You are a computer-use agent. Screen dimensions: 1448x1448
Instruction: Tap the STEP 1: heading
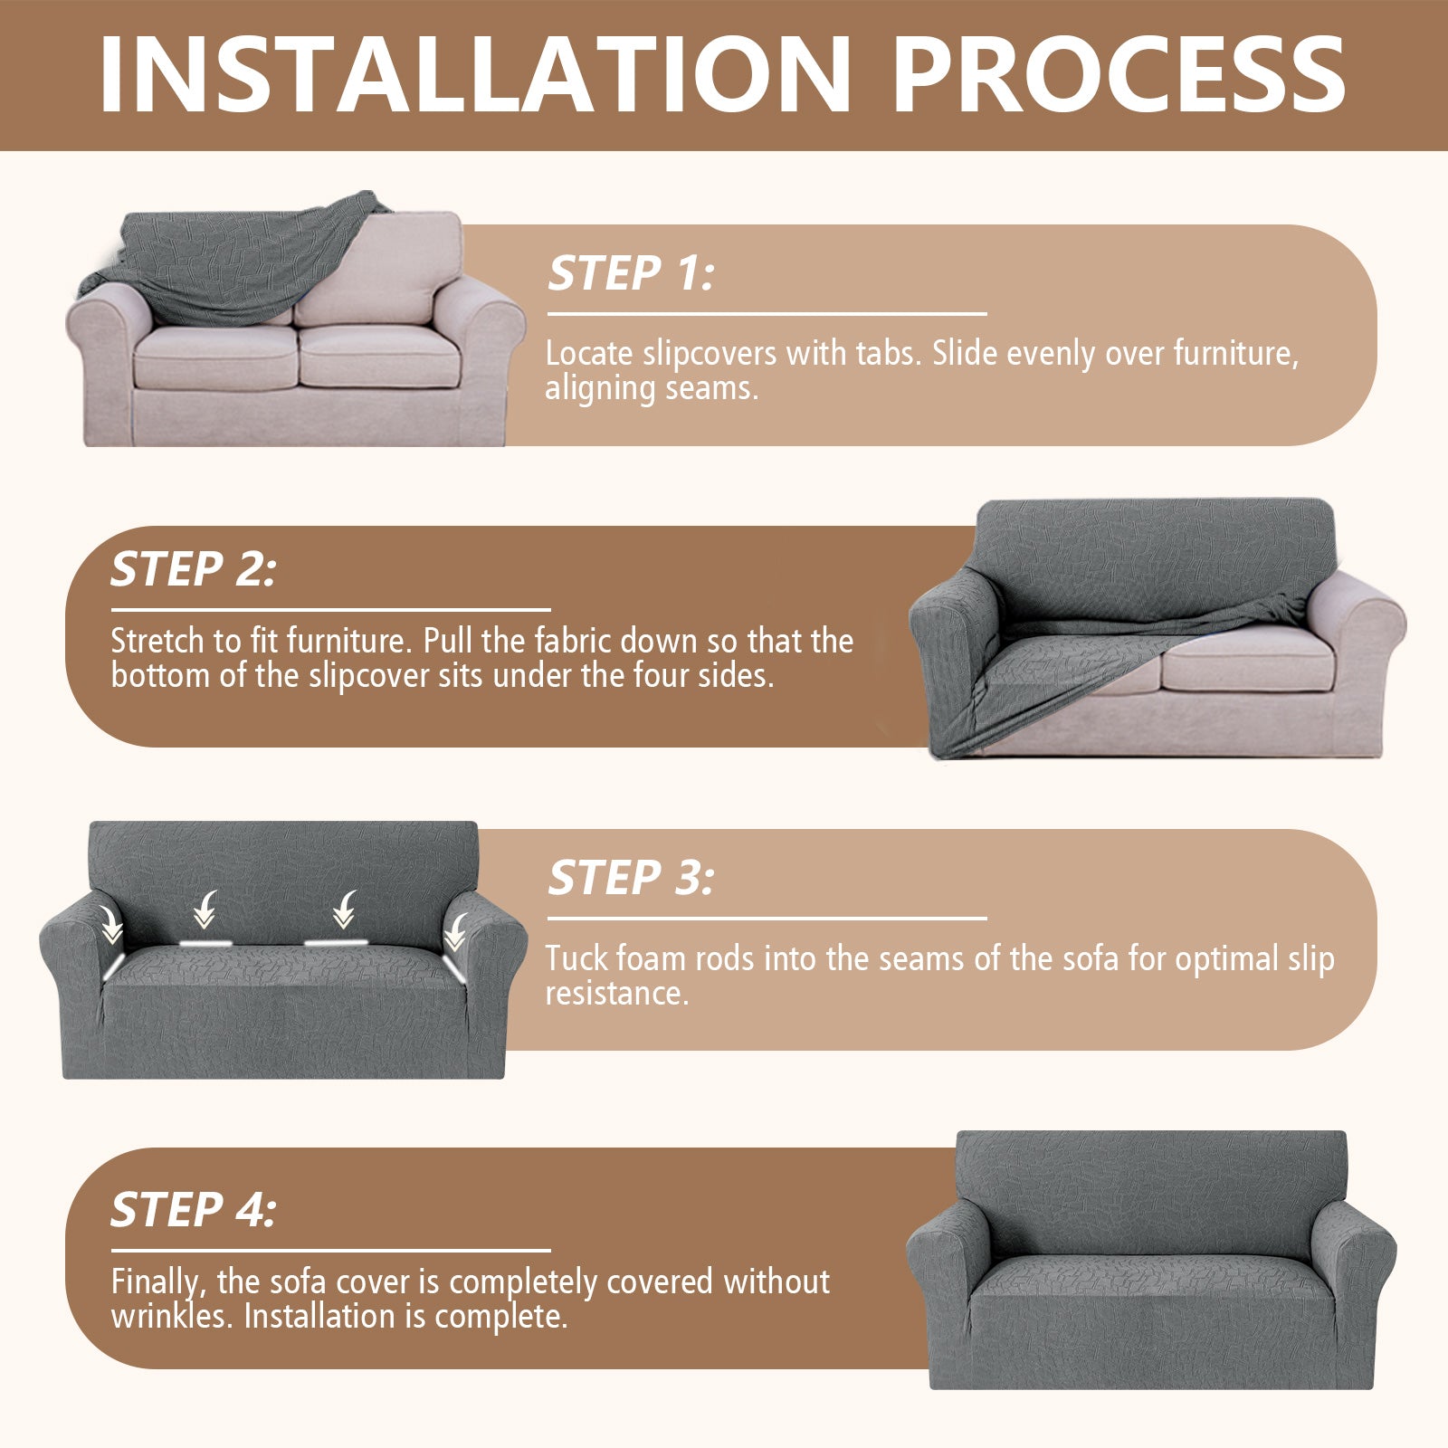(x=631, y=273)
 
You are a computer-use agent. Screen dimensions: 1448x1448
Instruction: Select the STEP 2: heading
(x=193, y=569)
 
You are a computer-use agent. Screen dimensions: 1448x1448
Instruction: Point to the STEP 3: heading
(x=631, y=878)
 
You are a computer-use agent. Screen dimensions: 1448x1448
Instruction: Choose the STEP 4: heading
(x=193, y=1210)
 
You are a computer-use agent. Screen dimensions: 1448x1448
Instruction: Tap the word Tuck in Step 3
(x=576, y=958)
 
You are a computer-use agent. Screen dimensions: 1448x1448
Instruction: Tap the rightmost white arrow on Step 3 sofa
(x=455, y=930)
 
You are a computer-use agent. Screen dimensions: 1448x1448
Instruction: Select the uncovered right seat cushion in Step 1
(x=378, y=357)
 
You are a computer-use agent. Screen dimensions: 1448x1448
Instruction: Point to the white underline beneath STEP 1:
(x=767, y=314)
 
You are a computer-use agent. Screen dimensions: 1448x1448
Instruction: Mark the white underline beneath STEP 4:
(x=330, y=1251)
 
